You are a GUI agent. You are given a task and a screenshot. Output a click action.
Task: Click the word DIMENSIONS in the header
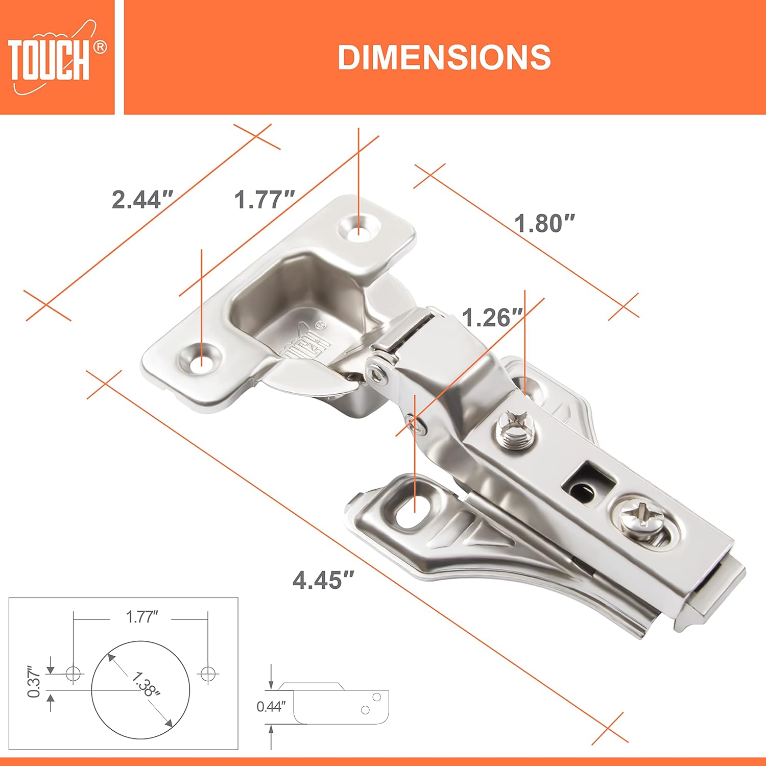(444, 57)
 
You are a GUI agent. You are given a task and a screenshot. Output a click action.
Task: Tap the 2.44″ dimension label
(142, 199)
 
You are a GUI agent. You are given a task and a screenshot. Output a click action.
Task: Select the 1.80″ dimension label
(544, 223)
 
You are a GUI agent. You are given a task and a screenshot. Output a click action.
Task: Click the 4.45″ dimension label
(323, 580)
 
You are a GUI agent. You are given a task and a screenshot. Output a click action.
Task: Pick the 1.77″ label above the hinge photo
(265, 199)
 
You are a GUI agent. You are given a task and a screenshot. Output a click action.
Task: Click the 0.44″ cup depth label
(271, 707)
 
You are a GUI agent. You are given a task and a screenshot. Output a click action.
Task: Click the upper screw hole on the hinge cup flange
(359, 227)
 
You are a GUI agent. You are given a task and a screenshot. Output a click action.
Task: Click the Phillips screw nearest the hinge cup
(513, 431)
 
